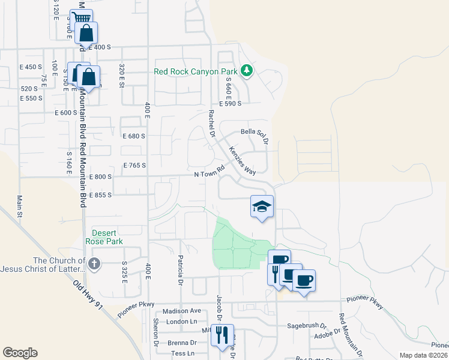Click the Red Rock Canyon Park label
(x=196, y=71)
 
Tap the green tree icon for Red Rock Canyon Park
(x=246, y=71)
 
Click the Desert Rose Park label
(x=107, y=237)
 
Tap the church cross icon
(x=94, y=263)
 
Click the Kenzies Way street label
(x=243, y=161)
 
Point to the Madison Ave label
(x=182, y=311)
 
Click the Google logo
(x=20, y=353)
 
